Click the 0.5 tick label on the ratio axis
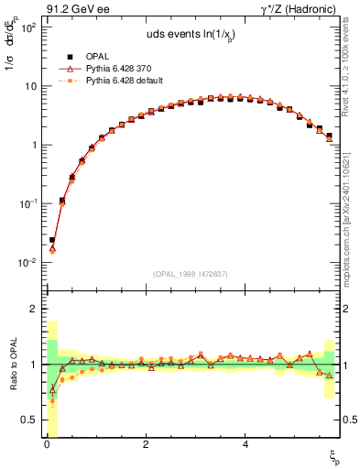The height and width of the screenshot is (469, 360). [28, 420]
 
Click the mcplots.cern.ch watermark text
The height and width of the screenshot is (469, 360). [351, 220]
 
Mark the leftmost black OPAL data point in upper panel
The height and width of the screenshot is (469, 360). [52, 240]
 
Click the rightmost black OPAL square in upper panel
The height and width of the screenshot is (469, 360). [329, 136]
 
